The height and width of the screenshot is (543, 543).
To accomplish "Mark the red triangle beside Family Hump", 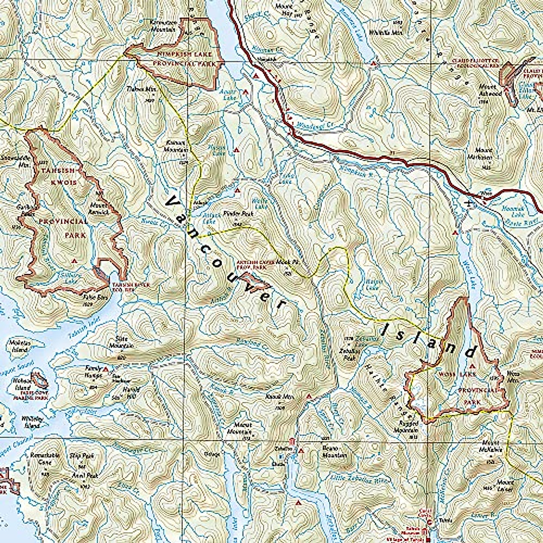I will tap(105, 370).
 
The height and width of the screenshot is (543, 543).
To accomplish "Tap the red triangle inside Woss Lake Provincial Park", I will tap(472, 366).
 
